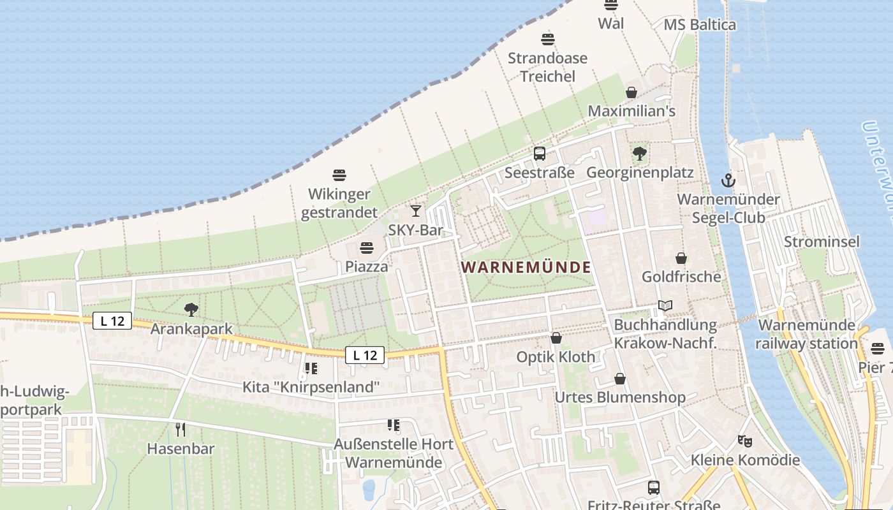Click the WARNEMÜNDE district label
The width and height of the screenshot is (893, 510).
526,267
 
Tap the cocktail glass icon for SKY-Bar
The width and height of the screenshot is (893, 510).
416,210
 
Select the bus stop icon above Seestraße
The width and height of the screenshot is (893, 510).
540,154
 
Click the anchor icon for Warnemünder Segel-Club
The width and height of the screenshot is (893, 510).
728,180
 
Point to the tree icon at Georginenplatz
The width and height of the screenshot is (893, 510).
639,154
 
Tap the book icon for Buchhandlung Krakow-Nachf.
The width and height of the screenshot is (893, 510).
665,306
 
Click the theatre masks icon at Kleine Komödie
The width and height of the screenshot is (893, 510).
744,441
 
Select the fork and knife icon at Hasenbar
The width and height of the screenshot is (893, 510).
181,430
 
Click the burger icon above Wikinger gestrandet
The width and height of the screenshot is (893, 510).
339,175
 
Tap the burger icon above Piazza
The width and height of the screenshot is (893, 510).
366,247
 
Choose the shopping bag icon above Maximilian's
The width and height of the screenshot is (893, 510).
631,92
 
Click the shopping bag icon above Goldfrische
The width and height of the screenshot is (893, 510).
681,258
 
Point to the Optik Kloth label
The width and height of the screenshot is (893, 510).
556,357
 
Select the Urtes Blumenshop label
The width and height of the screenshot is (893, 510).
620,397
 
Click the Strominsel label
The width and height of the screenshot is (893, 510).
822,242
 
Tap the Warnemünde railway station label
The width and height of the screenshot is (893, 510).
806,334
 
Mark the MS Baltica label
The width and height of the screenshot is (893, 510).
700,25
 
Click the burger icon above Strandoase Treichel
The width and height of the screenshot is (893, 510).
547,40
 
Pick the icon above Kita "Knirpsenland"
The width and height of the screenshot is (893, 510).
311,368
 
